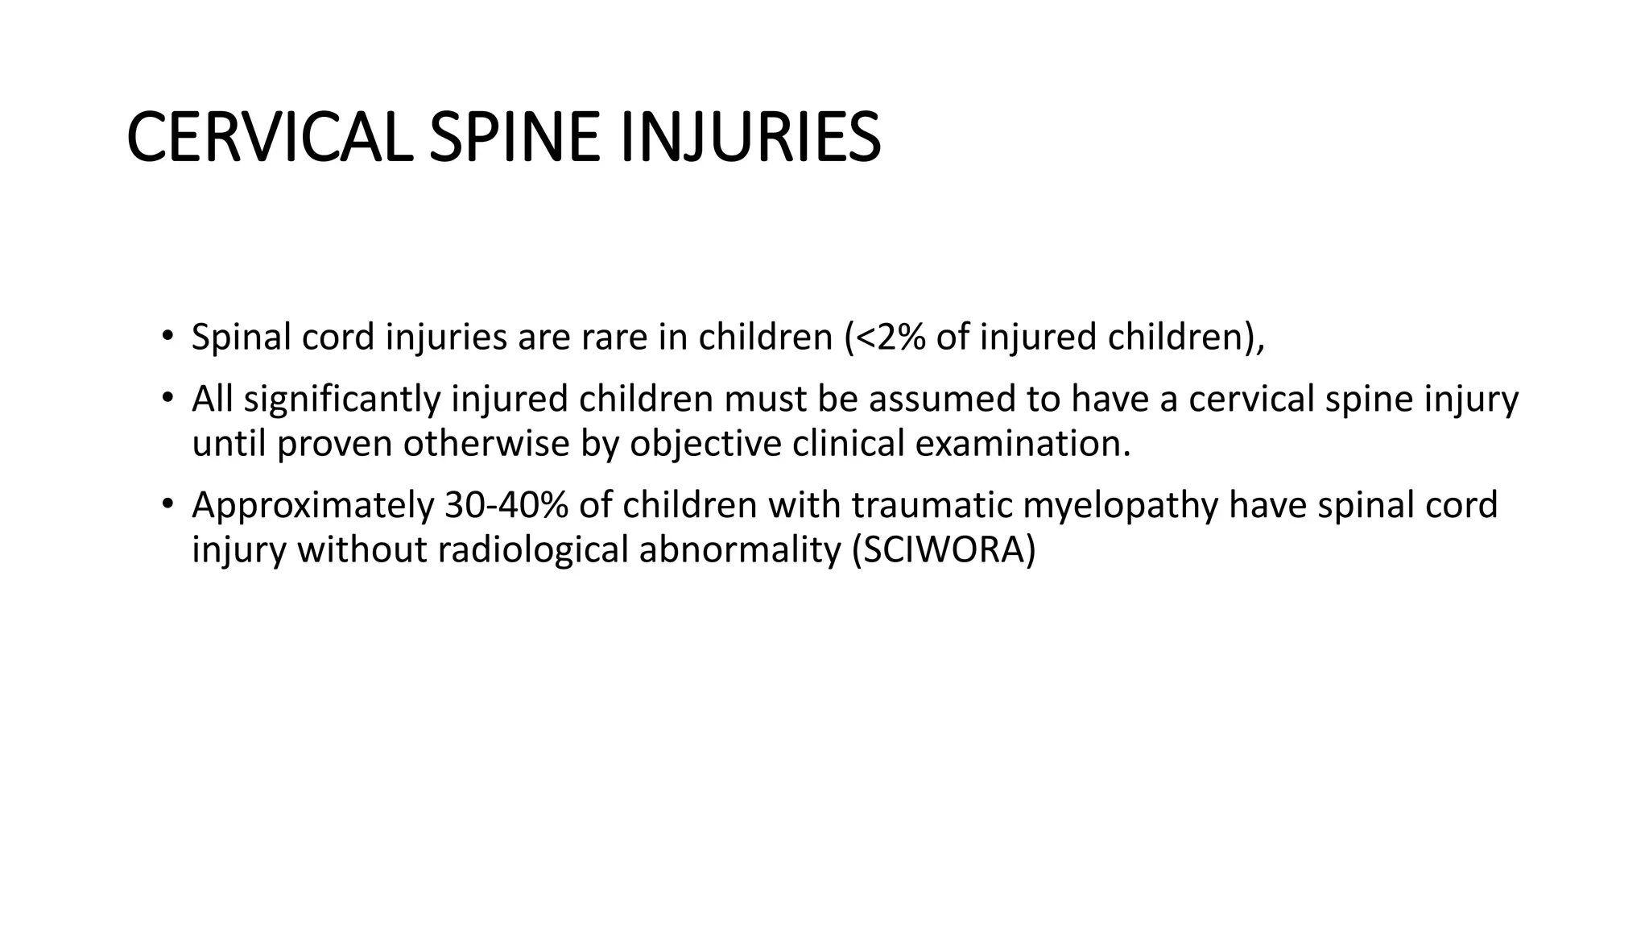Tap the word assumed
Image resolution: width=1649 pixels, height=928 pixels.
point(940,400)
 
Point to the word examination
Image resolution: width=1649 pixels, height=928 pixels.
point(1023,444)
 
